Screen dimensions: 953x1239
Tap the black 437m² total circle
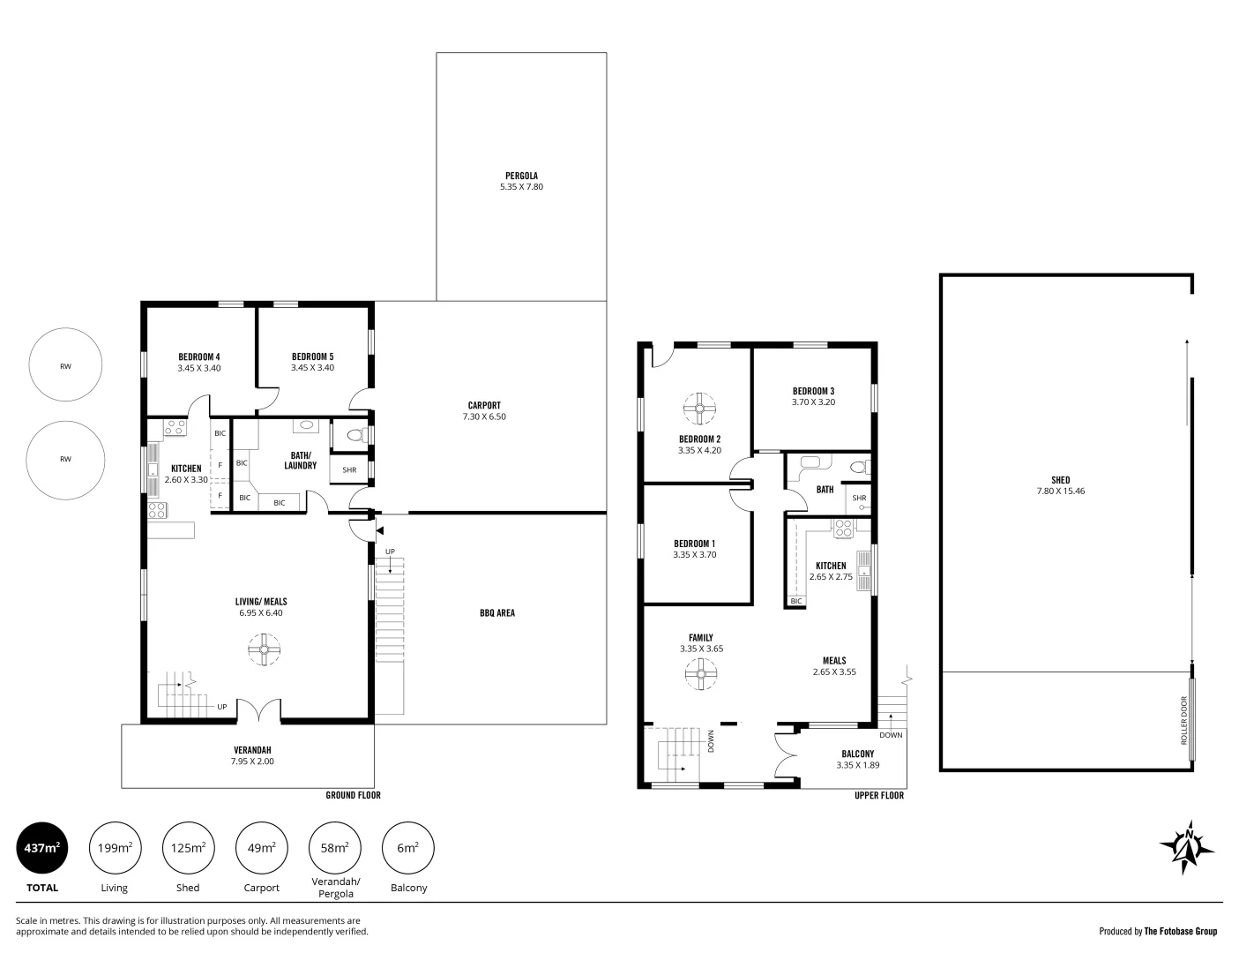[x=41, y=848]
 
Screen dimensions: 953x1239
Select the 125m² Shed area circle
[x=188, y=848]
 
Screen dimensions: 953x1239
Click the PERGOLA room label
[x=521, y=176]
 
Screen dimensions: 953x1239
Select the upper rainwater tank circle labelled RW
[x=65, y=366]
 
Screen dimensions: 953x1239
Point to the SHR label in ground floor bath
[x=349, y=469]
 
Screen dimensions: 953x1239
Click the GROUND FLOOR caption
[x=353, y=795]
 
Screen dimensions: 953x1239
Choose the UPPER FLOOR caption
[x=878, y=795]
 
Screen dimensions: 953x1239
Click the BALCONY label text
[x=857, y=754]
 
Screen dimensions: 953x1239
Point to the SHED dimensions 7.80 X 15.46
[x=1061, y=492]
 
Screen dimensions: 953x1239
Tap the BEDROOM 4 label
[x=198, y=356]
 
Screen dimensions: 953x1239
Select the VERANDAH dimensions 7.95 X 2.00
[x=252, y=761]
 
